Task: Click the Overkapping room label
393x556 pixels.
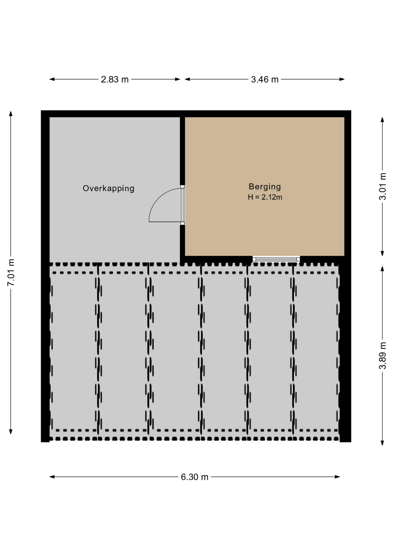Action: pyautogui.click(x=109, y=189)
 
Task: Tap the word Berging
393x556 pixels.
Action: pyautogui.click(x=265, y=187)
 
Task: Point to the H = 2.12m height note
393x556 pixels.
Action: pyautogui.click(x=265, y=197)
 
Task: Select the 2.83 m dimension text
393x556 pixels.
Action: pyautogui.click(x=115, y=79)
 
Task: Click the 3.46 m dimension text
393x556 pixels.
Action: pyautogui.click(x=265, y=79)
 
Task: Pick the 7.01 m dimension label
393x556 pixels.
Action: pyautogui.click(x=11, y=272)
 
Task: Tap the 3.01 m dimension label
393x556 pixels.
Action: pyautogui.click(x=383, y=186)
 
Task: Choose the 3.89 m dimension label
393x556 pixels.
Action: pyautogui.click(x=383, y=356)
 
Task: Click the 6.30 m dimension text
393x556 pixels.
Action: pyautogui.click(x=194, y=477)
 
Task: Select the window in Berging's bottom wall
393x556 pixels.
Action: pyautogui.click(x=276, y=259)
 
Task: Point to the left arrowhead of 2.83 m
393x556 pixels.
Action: pyautogui.click(x=52, y=79)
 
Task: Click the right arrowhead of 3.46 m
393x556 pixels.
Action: pyautogui.click(x=342, y=79)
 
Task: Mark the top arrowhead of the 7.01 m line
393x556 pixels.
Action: pyautogui.click(x=11, y=113)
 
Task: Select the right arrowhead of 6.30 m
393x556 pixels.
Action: pyautogui.click(x=337, y=477)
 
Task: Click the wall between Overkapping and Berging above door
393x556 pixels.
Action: pyautogui.click(x=182, y=151)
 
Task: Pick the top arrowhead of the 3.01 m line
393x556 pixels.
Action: pyautogui.click(x=382, y=120)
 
